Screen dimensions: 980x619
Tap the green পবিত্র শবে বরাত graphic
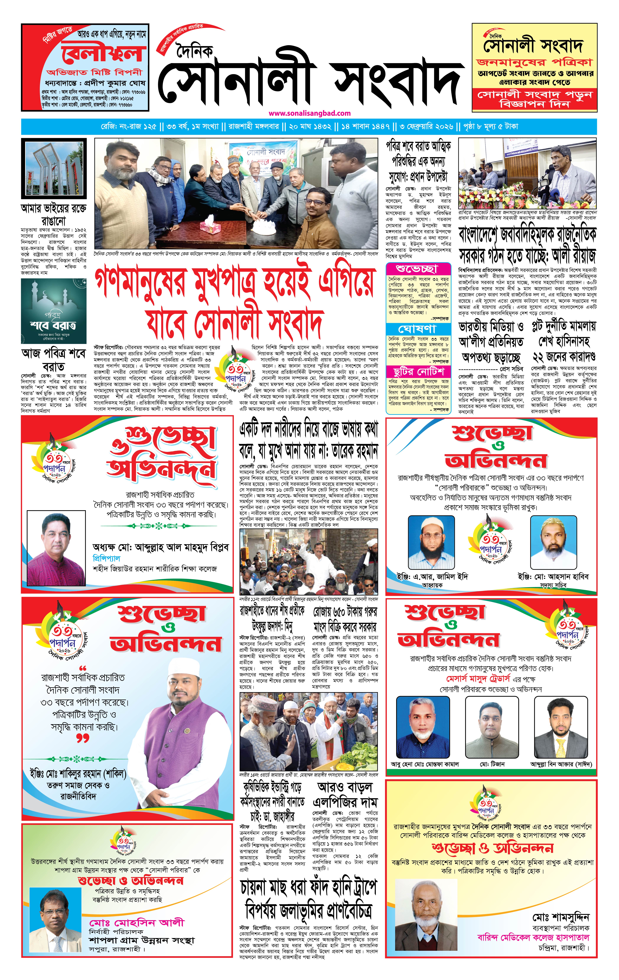point(54,311)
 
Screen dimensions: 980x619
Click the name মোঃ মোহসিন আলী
point(137,923)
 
